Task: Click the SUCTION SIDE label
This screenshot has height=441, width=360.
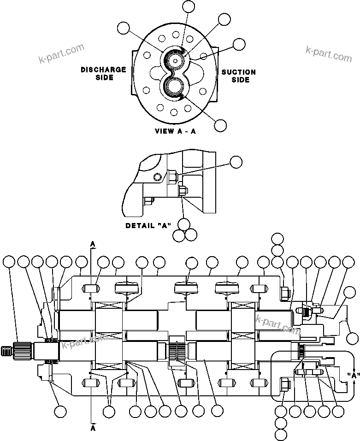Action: (238, 76)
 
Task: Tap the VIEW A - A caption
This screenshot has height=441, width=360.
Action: (175, 131)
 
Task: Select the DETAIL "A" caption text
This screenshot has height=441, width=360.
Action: (148, 226)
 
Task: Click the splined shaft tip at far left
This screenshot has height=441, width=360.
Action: (7, 351)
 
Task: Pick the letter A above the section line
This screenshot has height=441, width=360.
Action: (93, 243)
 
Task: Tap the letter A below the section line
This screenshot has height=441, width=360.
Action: (93, 428)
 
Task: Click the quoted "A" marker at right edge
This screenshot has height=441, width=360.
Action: (353, 375)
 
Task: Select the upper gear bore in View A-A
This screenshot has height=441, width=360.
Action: (176, 60)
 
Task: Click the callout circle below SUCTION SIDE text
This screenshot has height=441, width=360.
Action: (221, 125)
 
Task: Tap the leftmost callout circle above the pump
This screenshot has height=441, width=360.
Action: (9, 262)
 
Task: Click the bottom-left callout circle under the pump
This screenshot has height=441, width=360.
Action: (59, 411)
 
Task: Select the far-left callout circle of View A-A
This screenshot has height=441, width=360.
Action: (124, 28)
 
